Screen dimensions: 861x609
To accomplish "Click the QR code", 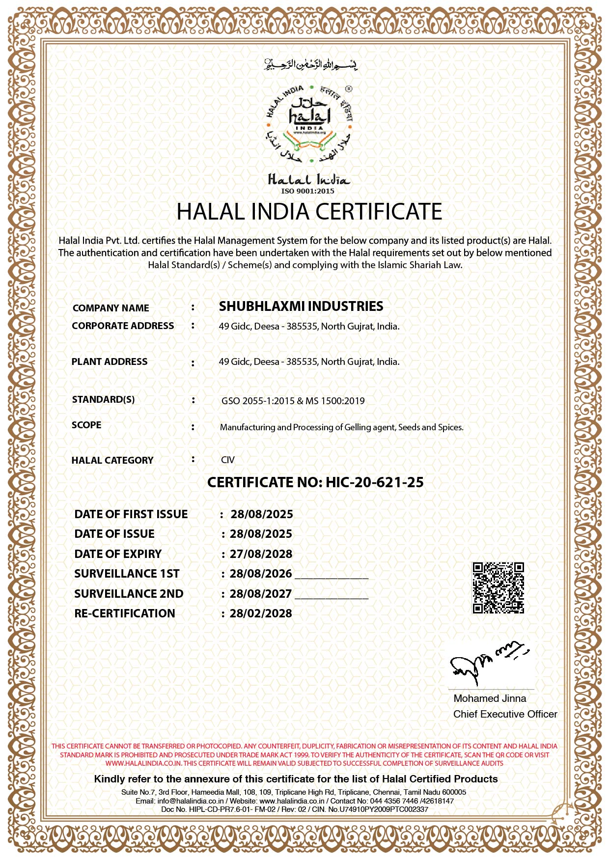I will pyautogui.click(x=498, y=588).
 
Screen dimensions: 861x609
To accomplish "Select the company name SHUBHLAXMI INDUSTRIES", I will pyautogui.click(x=301, y=306).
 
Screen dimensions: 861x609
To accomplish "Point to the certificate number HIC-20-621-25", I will pyautogui.click(x=374, y=482).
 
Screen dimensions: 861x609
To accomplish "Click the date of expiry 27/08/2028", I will pyautogui.click(x=261, y=554).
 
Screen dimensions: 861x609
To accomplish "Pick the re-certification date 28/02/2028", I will pyautogui.click(x=261, y=613).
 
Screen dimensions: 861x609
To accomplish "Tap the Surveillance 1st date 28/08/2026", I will pyautogui.click(x=261, y=574).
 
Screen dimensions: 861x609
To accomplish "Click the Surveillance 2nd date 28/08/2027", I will pyautogui.click(x=261, y=594).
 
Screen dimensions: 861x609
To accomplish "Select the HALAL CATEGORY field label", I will pyautogui.click(x=112, y=460).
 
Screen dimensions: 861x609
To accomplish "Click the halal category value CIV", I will pyautogui.click(x=228, y=460).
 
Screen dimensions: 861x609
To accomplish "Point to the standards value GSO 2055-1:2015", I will pyautogui.click(x=258, y=401).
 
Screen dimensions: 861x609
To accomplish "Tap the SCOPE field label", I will pyautogui.click(x=86, y=425).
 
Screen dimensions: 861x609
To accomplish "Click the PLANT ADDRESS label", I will pyautogui.click(x=110, y=361).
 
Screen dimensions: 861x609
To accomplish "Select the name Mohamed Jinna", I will pyautogui.click(x=490, y=698).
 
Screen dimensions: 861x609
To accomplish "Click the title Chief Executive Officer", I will pyautogui.click(x=505, y=714).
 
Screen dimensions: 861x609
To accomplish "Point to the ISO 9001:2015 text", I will pyautogui.click(x=308, y=191).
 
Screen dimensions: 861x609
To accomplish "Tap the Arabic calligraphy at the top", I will pyautogui.click(x=311, y=64).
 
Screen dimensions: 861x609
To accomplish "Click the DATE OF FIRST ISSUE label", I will pyautogui.click(x=131, y=514).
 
